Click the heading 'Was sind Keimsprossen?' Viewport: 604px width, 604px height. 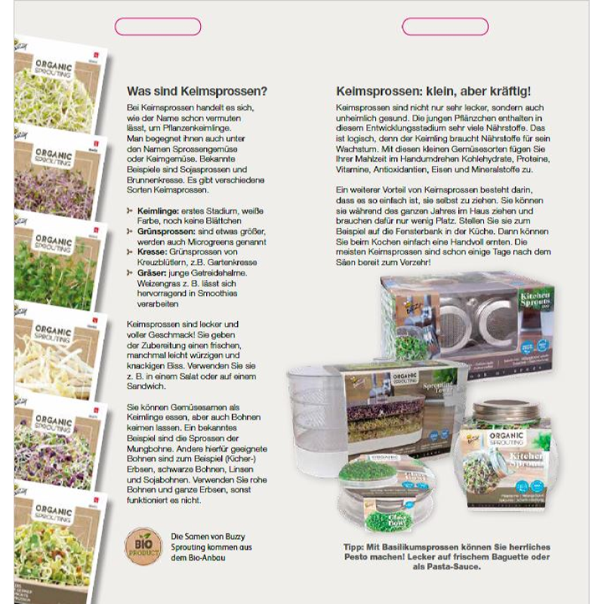click(x=196, y=91)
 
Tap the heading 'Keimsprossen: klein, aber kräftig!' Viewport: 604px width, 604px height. click(x=433, y=91)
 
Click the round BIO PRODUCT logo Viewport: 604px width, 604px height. click(x=141, y=545)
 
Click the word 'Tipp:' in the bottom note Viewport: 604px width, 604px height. click(x=355, y=546)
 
